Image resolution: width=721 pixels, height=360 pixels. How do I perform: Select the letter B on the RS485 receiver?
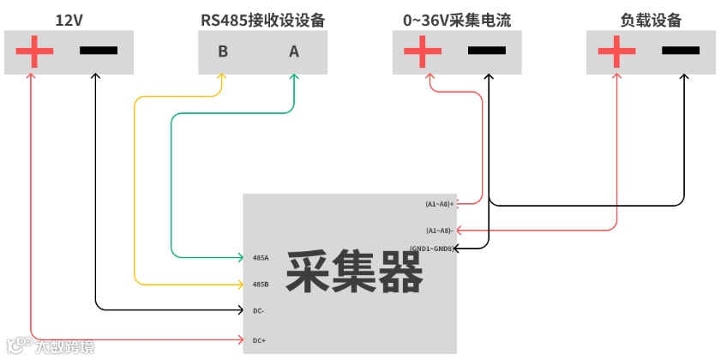(223, 51)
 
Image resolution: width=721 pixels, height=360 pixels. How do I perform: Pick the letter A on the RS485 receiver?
(294, 51)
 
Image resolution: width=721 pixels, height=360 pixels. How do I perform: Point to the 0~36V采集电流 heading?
(456, 19)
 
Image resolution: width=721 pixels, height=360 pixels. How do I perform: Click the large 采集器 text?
(354, 273)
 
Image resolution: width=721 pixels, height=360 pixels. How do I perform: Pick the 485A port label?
(261, 257)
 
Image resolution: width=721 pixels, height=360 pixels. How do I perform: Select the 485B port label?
(261, 284)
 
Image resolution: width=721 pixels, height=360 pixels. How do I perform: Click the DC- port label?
(258, 311)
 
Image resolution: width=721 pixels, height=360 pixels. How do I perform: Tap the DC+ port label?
(259, 340)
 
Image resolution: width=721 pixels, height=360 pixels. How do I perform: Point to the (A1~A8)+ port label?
(439, 204)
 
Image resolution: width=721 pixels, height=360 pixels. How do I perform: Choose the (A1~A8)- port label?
(439, 231)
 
